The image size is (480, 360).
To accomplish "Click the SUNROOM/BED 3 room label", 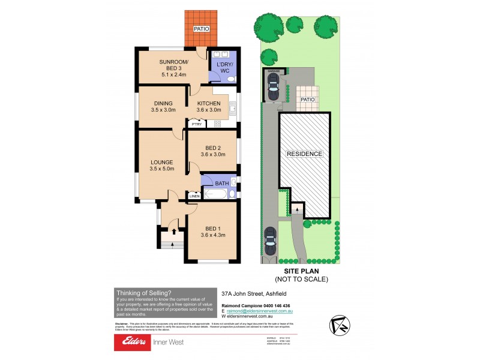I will coord(174,67).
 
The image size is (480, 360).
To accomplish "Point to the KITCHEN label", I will coord(209,106).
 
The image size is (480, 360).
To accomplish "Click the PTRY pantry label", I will coord(196,124).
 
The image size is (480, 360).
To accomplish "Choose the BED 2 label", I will coord(214,151).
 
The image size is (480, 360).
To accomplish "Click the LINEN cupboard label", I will coord(194,196).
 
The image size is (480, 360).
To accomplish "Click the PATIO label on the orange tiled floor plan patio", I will coord(201,29).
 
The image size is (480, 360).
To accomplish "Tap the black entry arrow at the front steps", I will coord(174,230).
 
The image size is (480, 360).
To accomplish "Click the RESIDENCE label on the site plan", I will coord(304,154).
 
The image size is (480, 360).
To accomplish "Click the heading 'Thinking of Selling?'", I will coord(139,292).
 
